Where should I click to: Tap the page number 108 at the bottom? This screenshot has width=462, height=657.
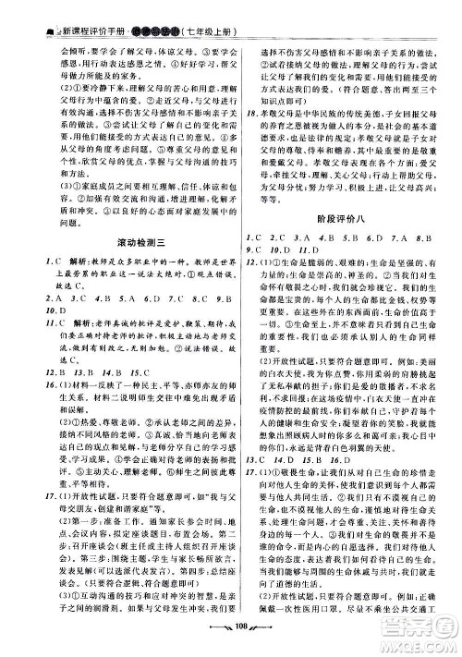tap(230, 645)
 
